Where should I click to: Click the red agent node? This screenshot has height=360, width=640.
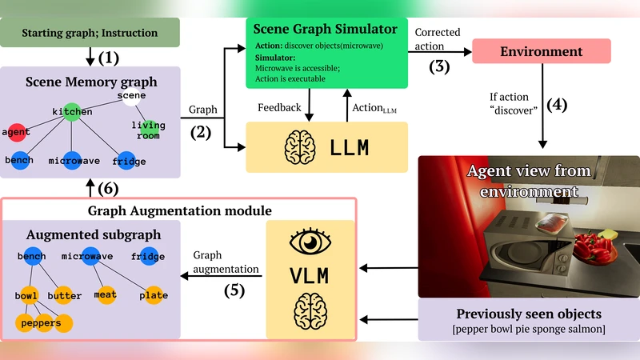click(16, 131)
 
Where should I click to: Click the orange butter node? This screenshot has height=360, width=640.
click(64, 295)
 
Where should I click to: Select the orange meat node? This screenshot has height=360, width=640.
click(105, 294)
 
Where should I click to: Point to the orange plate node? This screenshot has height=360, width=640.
click(153, 295)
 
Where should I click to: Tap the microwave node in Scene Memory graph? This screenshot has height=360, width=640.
click(73, 160)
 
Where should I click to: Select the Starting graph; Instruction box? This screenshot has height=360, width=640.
click(90, 32)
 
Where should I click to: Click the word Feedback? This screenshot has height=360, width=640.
click(279, 106)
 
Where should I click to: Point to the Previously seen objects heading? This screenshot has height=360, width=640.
click(529, 313)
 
